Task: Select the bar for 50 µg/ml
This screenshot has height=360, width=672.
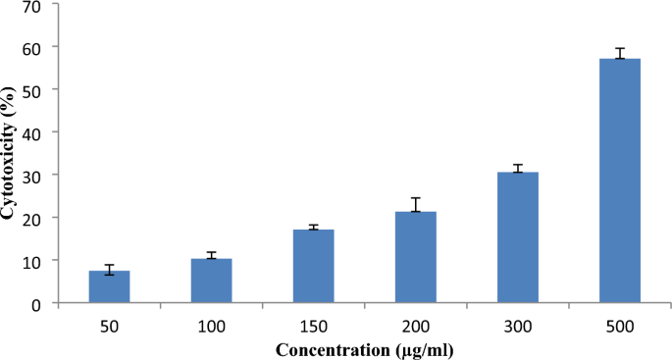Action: click(109, 286)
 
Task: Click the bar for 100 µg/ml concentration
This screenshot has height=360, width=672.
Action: click(211, 281)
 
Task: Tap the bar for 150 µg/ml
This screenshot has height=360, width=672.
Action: click(313, 266)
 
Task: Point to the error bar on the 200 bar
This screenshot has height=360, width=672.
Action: click(416, 204)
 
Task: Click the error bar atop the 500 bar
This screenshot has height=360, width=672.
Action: click(620, 53)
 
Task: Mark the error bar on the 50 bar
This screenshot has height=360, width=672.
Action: click(109, 270)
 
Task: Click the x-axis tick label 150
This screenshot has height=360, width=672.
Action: click(313, 325)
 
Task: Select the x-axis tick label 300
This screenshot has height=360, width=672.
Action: click(518, 325)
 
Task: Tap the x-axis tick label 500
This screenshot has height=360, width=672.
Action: click(620, 325)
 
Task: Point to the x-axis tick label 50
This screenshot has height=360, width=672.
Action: click(109, 325)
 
